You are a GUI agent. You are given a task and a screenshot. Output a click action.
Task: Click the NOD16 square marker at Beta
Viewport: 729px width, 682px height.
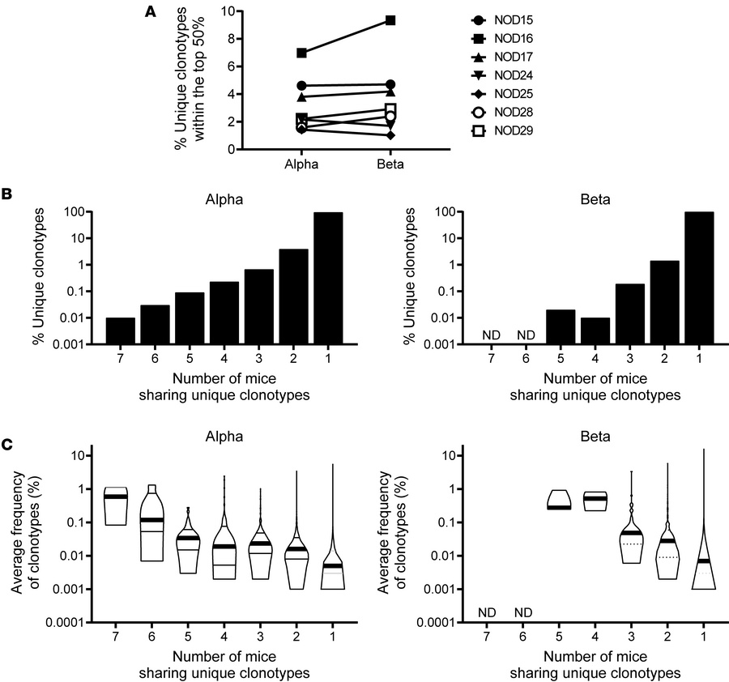click(390, 20)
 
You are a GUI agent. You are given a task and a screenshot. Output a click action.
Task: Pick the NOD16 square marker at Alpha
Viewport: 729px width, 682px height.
click(301, 53)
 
